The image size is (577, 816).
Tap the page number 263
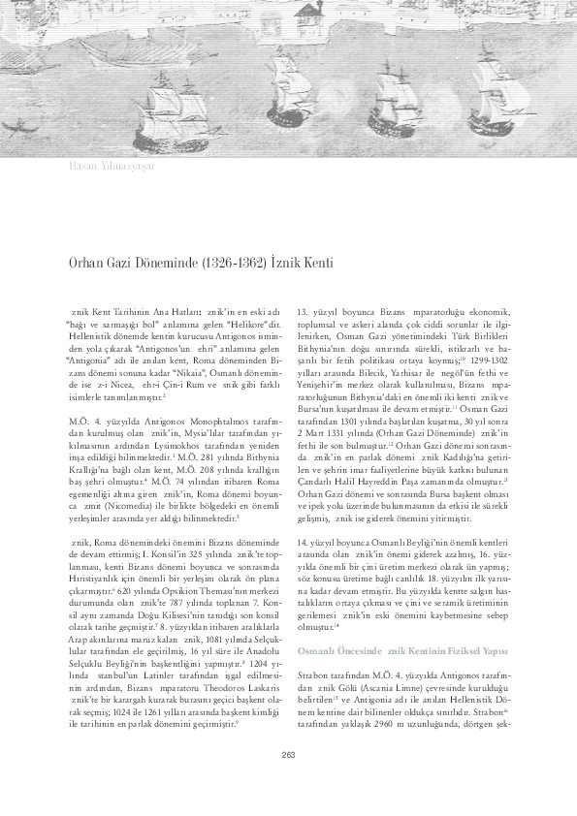pos(288,783)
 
